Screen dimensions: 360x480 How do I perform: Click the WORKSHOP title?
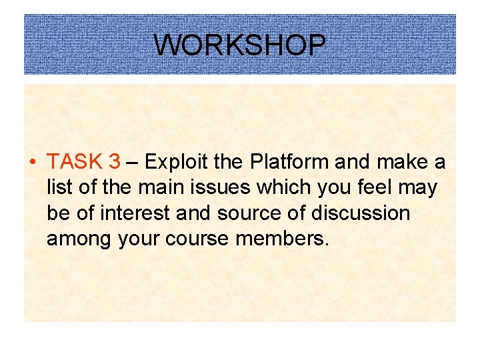[x=240, y=45]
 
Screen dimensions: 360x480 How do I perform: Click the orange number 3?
[x=115, y=162]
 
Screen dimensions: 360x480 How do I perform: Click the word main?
[x=151, y=188]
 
